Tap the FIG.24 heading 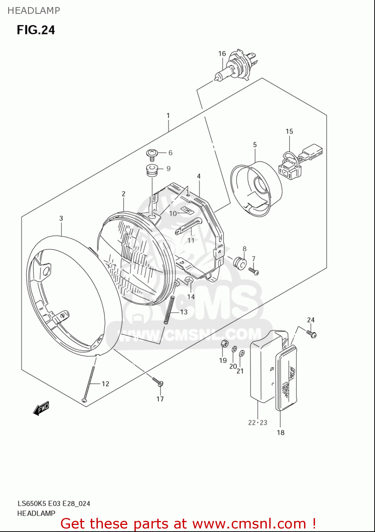click(x=36, y=30)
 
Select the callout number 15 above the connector click(x=289, y=132)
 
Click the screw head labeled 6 click(x=152, y=154)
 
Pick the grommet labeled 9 click(x=152, y=170)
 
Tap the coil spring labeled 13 click(x=170, y=310)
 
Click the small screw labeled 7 click(x=254, y=271)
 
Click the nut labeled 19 click(x=224, y=343)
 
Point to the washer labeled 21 click(x=242, y=353)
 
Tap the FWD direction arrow click(x=41, y=408)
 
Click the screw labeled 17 click(x=158, y=382)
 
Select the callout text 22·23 click(x=258, y=422)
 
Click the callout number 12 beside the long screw click(x=105, y=384)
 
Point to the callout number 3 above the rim click(x=61, y=218)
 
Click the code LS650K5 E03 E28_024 click(x=54, y=503)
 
